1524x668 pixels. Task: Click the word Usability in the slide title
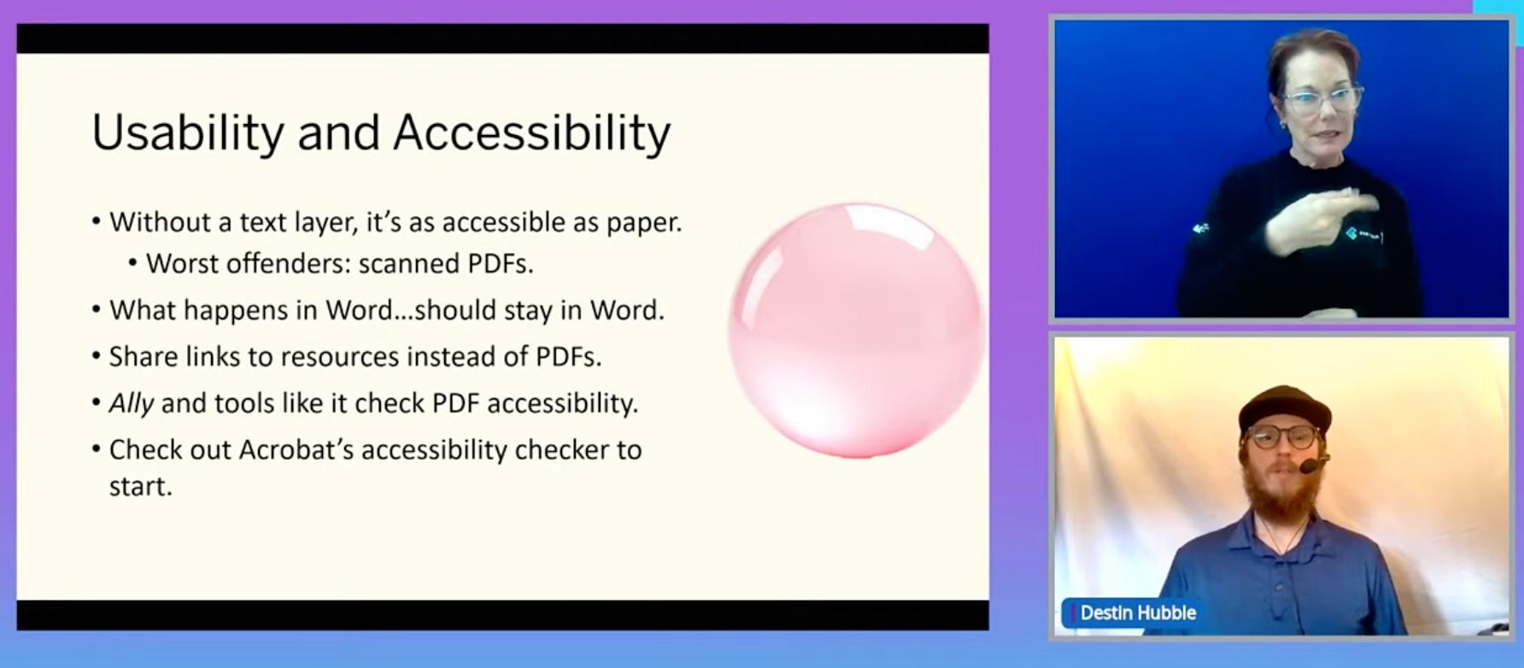coord(188,133)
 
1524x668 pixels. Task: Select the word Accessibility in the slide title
coord(532,133)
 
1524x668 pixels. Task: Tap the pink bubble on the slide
coord(857,330)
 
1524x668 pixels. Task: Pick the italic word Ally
coord(132,403)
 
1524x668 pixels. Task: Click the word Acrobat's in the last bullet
coord(296,449)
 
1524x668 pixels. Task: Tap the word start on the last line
coord(141,486)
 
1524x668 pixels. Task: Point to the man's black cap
coord(1284,407)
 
